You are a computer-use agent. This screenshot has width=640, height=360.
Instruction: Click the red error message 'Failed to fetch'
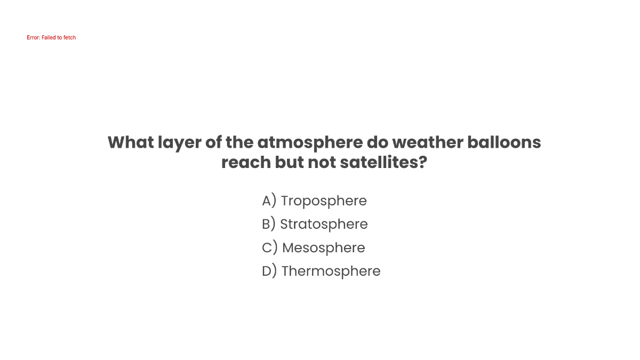click(x=51, y=38)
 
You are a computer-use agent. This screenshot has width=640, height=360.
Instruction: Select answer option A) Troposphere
click(x=314, y=201)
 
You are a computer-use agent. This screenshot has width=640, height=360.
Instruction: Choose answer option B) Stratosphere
click(x=315, y=225)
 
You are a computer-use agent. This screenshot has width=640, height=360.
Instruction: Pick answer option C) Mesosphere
click(x=314, y=248)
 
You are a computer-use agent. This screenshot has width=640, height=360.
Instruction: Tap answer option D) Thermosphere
click(x=321, y=271)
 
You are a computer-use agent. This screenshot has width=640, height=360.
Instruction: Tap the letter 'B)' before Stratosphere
click(x=269, y=225)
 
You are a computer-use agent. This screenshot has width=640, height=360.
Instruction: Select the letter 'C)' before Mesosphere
click(x=270, y=248)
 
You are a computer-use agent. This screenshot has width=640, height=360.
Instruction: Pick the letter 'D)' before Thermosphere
click(x=269, y=271)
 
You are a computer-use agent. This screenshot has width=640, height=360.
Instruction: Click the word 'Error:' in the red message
click(x=34, y=38)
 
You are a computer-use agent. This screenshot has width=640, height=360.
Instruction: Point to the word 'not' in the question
click(x=322, y=163)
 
